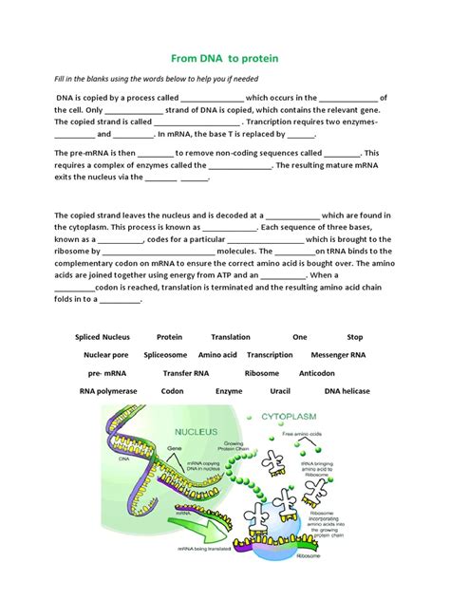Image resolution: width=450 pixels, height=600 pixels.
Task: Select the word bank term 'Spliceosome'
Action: point(165,355)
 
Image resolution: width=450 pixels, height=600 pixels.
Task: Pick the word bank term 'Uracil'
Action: point(281,391)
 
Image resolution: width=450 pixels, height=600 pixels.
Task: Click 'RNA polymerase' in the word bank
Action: point(108,391)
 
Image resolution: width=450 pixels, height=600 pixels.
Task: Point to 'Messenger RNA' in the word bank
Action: point(337,355)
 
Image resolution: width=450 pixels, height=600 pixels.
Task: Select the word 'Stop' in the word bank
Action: point(355,337)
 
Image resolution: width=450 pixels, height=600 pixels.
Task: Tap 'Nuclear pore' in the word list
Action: point(105,355)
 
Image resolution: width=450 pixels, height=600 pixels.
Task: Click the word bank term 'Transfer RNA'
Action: point(186,373)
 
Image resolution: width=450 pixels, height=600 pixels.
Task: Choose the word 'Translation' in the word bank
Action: point(231,337)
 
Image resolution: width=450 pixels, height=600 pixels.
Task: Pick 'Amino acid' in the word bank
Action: point(217,355)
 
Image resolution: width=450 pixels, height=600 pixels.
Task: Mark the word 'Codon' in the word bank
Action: point(173,391)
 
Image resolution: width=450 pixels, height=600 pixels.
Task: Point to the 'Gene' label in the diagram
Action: point(175,449)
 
